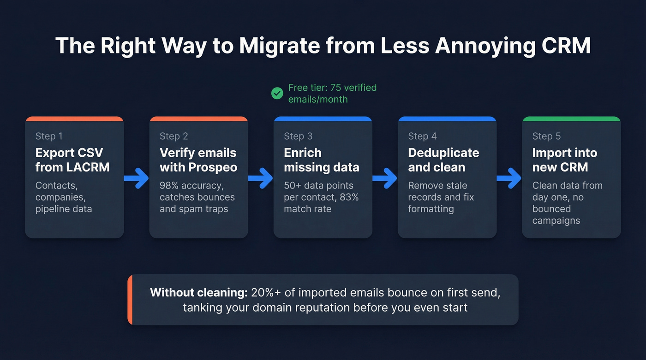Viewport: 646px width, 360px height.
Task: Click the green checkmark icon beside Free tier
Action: pyautogui.click(x=277, y=94)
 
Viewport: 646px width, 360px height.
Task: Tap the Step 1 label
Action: pyautogui.click(x=49, y=136)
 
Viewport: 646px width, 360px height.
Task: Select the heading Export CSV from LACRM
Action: pyautogui.click(x=72, y=159)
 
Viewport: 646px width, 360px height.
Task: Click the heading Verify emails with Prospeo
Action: pyautogui.click(x=198, y=159)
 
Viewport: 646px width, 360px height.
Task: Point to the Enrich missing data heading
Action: pyautogui.click(x=321, y=159)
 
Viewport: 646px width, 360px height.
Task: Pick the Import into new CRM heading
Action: pyautogui.click(x=564, y=159)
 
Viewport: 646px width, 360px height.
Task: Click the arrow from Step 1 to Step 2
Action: pyautogui.click(x=137, y=177)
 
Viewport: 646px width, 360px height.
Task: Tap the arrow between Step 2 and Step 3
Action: pyautogui.click(x=261, y=177)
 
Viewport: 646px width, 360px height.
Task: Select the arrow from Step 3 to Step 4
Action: pyautogui.click(x=385, y=177)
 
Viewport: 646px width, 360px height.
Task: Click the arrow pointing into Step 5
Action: pyautogui.click(x=509, y=177)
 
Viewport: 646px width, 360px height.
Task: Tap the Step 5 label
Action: pyautogui.click(x=546, y=136)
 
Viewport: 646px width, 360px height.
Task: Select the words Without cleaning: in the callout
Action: pyautogui.click(x=199, y=292)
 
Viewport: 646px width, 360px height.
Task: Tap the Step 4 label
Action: pyautogui.click(x=422, y=136)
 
